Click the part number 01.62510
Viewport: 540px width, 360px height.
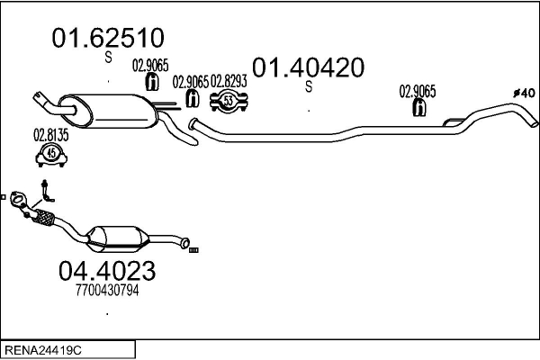tap(108, 38)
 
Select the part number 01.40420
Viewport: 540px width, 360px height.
tap(308, 67)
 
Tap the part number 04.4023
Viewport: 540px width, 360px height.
tap(106, 270)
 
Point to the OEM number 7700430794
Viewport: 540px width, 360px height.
tap(106, 290)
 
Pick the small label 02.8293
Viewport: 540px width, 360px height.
tap(231, 80)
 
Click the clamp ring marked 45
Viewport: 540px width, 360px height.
tap(51, 155)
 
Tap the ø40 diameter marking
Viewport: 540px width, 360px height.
tap(524, 93)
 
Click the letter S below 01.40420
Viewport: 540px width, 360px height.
tap(308, 87)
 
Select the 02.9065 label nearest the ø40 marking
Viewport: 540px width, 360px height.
tap(418, 90)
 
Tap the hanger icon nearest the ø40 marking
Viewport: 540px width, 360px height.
tap(418, 108)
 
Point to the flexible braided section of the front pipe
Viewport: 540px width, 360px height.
tap(42, 215)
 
